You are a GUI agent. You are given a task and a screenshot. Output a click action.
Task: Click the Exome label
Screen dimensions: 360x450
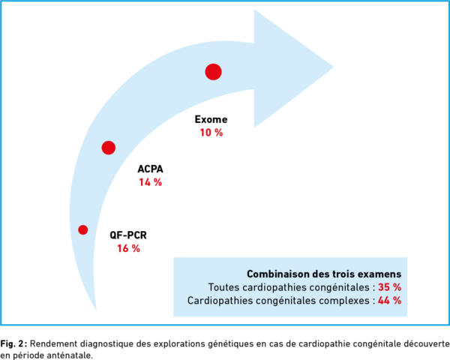pyautogui.click(x=211, y=119)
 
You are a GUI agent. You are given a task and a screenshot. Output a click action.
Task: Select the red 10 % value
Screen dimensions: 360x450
pyautogui.click(x=211, y=133)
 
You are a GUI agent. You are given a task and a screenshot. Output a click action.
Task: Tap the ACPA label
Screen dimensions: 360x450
pyautogui.click(x=150, y=169)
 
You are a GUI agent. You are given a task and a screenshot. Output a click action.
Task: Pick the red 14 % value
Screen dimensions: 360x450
pyautogui.click(x=150, y=182)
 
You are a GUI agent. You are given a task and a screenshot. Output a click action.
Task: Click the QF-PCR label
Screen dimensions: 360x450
pyautogui.click(x=128, y=235)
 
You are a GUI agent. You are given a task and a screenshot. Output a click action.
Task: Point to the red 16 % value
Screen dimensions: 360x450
pyautogui.click(x=128, y=248)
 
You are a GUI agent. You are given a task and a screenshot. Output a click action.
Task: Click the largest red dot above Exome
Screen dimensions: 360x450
pyautogui.click(x=213, y=72)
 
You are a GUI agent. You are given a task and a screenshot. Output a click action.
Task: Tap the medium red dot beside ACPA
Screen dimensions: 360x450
pyautogui.click(x=109, y=148)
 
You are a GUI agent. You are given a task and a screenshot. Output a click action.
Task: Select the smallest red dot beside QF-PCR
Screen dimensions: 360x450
pyautogui.click(x=83, y=229)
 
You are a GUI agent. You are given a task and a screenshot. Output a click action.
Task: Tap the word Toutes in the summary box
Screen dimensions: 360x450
pyautogui.click(x=223, y=286)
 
